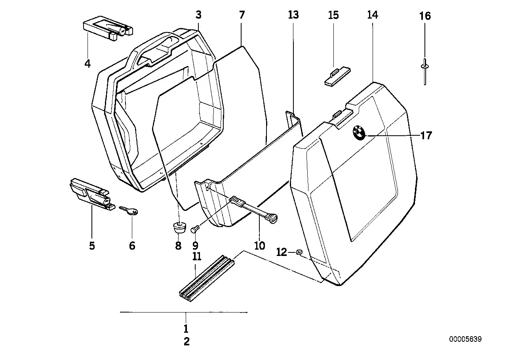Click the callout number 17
(x=426, y=136)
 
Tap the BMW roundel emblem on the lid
(x=360, y=133)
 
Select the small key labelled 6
(x=128, y=210)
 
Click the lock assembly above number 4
(x=108, y=30)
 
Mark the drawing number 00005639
(x=465, y=339)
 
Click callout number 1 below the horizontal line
(x=186, y=328)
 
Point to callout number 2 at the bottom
(x=186, y=341)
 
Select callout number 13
(x=293, y=15)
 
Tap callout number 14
(x=373, y=15)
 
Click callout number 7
(x=242, y=15)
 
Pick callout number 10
(x=259, y=246)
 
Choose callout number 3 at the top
(x=198, y=15)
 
